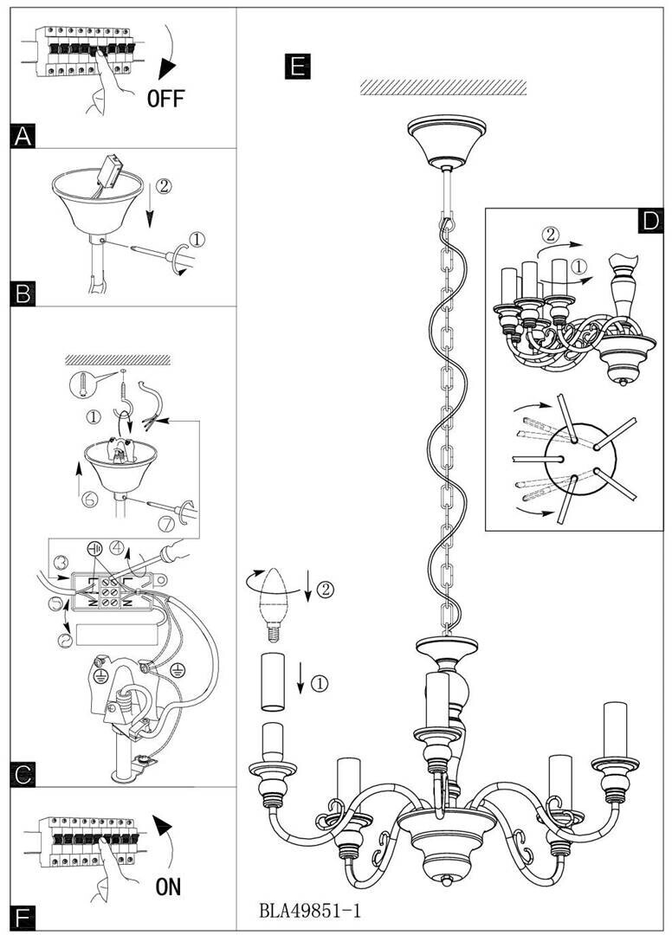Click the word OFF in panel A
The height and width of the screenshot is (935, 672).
tap(165, 98)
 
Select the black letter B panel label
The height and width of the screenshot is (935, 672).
tap(23, 294)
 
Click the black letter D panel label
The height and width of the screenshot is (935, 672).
tap(649, 221)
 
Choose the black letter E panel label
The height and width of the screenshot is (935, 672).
tap(296, 66)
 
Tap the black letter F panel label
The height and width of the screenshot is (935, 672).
tap(23, 917)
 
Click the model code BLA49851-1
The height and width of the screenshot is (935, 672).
tap(310, 911)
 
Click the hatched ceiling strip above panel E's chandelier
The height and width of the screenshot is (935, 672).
tap(443, 87)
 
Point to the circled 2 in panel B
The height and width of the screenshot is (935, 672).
tap(165, 185)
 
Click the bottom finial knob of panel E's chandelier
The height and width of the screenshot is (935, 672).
tap(447, 880)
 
